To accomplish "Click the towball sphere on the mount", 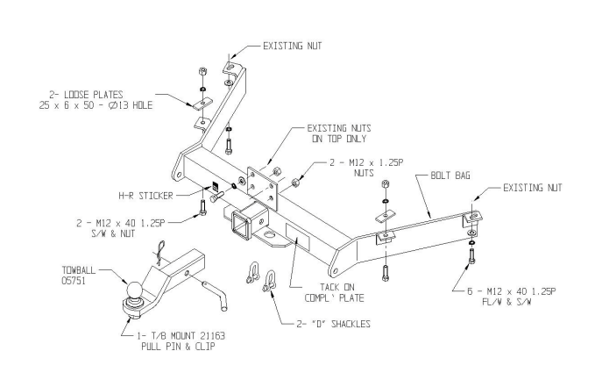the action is [x=133, y=290].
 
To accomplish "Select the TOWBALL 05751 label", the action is [x=79, y=275].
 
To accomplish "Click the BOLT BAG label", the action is [x=450, y=176].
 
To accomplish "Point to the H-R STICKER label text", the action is [x=145, y=196].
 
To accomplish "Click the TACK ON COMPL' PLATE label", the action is [x=335, y=293].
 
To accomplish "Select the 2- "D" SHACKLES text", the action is [x=334, y=324].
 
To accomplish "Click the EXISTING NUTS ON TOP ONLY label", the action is [x=339, y=133].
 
